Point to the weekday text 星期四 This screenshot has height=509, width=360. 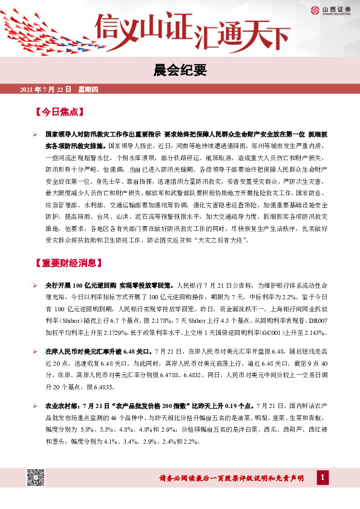(x=88, y=90)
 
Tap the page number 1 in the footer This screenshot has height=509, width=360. (x=323, y=478)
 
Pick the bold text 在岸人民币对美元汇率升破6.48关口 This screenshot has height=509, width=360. (x=99, y=351)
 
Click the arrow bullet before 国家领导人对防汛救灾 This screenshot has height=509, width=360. (x=36, y=131)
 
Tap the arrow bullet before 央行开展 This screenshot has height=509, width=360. (x=36, y=284)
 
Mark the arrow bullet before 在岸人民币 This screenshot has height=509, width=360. (x=36, y=351)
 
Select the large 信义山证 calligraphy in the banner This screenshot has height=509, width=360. (x=145, y=27)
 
